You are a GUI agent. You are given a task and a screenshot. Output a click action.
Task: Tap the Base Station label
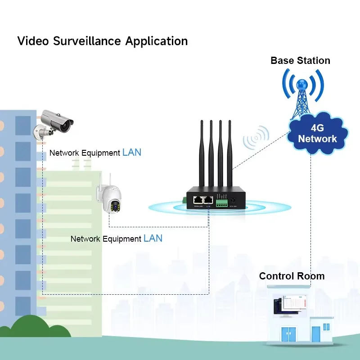[x=300, y=60]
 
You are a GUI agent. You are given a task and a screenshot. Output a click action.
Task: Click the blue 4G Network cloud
[x=317, y=133]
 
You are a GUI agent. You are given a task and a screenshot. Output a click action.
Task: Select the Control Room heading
[x=292, y=276]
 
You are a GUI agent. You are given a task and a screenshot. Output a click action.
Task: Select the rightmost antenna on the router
[x=229, y=153]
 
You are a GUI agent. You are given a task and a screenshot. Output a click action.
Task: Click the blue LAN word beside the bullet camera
[x=131, y=153]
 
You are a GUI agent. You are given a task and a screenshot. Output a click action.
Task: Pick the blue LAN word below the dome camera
[x=153, y=238]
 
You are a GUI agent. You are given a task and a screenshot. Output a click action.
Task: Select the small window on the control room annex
[x=328, y=326]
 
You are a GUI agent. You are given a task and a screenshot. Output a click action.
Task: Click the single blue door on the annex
[x=315, y=334]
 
